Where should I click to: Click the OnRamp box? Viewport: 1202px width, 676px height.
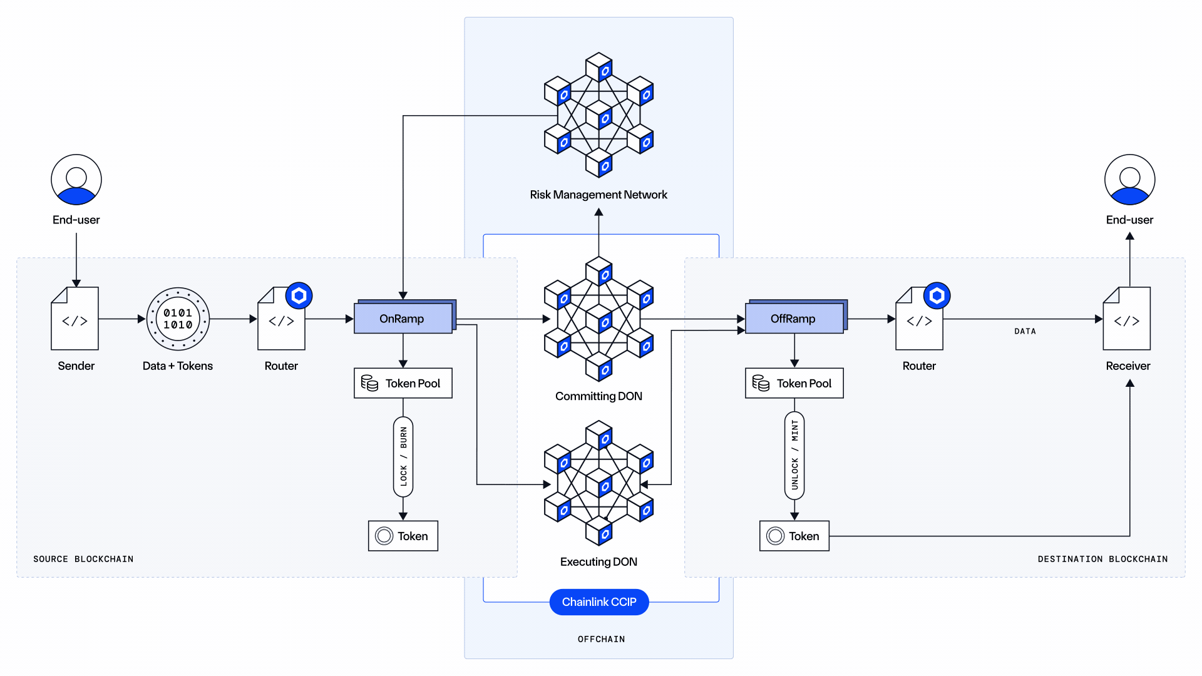click(x=403, y=319)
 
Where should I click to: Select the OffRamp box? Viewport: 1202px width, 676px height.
click(x=794, y=319)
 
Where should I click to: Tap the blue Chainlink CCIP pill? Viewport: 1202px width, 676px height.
click(x=598, y=602)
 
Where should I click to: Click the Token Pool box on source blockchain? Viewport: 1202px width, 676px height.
click(x=403, y=383)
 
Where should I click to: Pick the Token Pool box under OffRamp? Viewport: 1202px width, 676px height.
click(x=794, y=383)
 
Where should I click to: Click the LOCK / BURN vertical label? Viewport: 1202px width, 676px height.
click(x=403, y=456)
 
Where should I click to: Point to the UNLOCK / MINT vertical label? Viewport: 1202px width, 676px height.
click(x=794, y=455)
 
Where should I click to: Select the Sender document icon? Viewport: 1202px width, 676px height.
click(x=74, y=319)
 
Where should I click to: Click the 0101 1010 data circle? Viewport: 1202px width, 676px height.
click(x=178, y=319)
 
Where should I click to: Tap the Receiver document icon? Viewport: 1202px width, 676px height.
click(x=1126, y=319)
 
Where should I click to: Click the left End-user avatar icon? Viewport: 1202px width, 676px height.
click(x=76, y=180)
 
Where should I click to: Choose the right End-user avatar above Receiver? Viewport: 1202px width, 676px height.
click(x=1129, y=180)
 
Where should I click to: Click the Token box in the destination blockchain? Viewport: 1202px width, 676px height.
click(x=794, y=536)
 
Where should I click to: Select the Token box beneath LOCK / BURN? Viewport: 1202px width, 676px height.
click(x=403, y=536)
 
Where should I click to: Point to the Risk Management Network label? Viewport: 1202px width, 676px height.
click(x=598, y=195)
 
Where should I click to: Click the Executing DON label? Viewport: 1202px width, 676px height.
click(x=598, y=562)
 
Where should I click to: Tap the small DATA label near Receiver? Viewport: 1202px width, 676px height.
click(x=1025, y=331)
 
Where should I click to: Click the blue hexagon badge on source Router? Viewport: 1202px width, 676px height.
click(x=299, y=295)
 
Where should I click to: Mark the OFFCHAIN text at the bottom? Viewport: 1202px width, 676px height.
click(x=601, y=639)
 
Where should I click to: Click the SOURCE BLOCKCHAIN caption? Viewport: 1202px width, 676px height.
click(x=83, y=559)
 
